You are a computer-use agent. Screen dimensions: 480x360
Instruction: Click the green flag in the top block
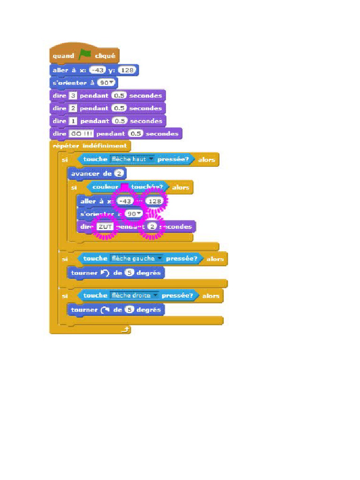coord(84,55)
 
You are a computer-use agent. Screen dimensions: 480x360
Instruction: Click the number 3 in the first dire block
coord(73,96)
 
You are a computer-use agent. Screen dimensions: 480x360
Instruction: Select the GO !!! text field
coord(82,134)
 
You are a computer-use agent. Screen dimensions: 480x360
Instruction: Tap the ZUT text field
coord(105,227)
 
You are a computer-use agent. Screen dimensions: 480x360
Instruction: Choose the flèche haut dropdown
coord(132,159)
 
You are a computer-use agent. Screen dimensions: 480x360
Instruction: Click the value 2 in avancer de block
coord(120,174)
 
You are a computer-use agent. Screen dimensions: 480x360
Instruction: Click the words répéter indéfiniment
coord(90,146)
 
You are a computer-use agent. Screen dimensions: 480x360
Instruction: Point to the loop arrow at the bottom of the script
coord(125,330)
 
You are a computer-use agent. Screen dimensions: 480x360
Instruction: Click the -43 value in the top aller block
coord(98,70)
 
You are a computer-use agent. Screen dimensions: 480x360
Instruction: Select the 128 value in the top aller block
coord(126,70)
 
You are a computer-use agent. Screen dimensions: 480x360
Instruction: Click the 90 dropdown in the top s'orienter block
coord(107,83)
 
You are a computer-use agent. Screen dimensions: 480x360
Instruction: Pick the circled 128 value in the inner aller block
coord(155,201)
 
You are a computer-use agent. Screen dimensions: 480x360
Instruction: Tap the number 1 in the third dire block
coord(73,121)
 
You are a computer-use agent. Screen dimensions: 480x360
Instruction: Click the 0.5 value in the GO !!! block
coord(135,134)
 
